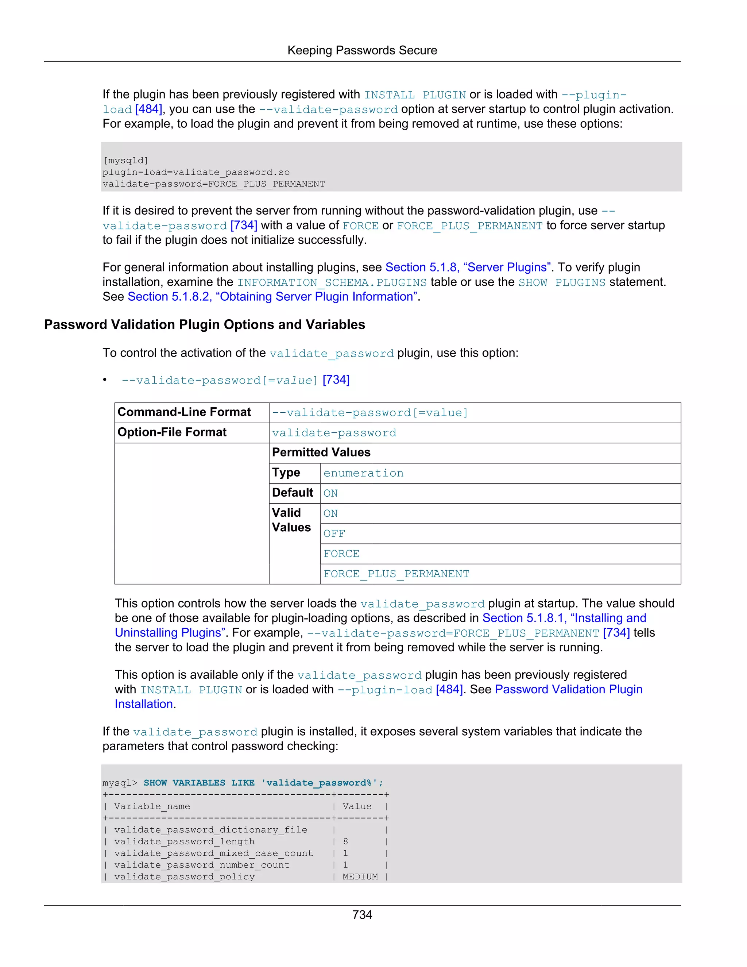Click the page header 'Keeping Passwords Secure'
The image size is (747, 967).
click(362, 50)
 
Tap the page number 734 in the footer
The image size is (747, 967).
click(362, 914)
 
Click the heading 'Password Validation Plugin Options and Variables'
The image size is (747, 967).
click(205, 324)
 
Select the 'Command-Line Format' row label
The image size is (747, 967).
click(184, 412)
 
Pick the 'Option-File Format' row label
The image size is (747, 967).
click(172, 432)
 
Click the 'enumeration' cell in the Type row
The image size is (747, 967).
click(363, 473)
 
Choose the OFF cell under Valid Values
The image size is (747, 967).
click(334, 534)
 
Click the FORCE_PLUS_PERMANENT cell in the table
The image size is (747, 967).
click(396, 574)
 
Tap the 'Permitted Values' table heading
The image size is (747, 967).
click(321, 452)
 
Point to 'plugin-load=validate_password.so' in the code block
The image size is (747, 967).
click(196, 172)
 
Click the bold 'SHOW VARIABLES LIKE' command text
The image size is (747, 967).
click(199, 783)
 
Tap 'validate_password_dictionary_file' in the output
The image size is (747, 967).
click(211, 830)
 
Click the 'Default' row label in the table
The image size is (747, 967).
click(293, 493)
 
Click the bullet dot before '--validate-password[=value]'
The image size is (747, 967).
click(105, 380)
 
